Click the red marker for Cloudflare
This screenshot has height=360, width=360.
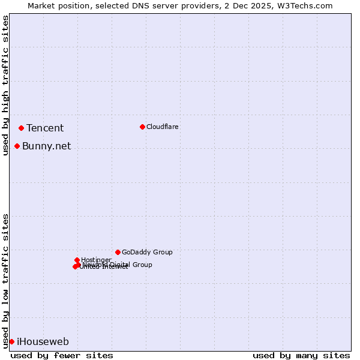(142, 127)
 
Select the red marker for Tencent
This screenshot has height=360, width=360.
(21, 128)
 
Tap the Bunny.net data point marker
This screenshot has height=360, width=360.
(17, 146)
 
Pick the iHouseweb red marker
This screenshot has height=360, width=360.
(11, 341)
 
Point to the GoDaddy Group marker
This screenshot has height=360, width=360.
(118, 252)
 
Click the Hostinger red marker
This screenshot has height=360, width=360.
(77, 260)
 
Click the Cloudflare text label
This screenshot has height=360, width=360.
(162, 127)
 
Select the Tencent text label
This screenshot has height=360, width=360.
(45, 128)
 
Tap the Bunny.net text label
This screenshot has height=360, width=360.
(46, 146)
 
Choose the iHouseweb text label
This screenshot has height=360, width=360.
(43, 341)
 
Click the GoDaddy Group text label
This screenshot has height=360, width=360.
(147, 252)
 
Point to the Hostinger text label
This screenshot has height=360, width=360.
(96, 260)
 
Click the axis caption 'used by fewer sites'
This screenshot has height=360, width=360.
(62, 355)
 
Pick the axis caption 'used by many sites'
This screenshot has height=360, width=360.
(301, 355)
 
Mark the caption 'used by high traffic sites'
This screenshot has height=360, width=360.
(5, 85)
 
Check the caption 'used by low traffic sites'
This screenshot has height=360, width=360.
(5, 280)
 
